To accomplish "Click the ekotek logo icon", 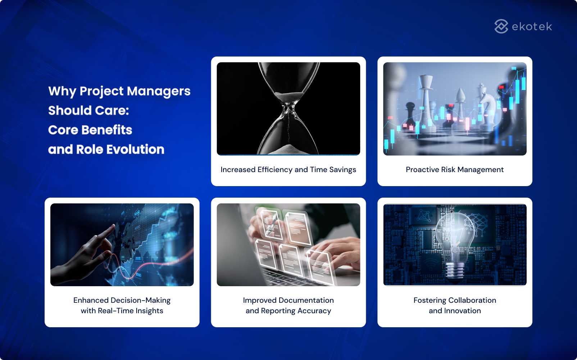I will (x=501, y=26).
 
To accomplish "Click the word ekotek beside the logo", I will (x=532, y=27).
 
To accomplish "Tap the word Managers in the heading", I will (x=159, y=91).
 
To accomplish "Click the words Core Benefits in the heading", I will (x=90, y=130).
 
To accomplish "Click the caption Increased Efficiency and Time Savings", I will (x=288, y=170).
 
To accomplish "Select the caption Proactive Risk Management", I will (x=455, y=170).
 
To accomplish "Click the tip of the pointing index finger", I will (x=113, y=226).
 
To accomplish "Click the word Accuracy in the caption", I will (x=314, y=311).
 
